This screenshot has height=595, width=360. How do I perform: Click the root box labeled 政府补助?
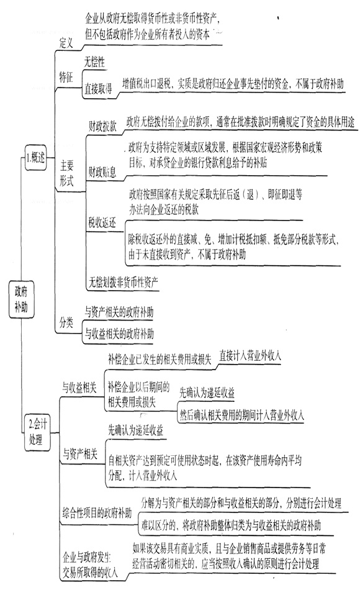tap(21, 299)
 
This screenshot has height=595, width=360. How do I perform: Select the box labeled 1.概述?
tap(35, 157)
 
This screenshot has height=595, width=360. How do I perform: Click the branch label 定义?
tap(66, 43)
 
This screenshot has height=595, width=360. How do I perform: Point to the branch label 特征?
tap(66, 78)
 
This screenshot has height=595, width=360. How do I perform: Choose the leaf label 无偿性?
tap(94, 62)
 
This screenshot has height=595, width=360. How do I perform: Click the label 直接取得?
tap(98, 89)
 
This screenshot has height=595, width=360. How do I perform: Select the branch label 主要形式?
tap(66, 173)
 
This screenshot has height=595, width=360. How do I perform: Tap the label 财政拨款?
tap(103, 126)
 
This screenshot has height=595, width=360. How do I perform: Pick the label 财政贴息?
tap(102, 173)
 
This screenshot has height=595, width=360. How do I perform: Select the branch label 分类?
tap(66, 323)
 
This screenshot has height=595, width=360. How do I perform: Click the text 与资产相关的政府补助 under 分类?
tap(119, 312)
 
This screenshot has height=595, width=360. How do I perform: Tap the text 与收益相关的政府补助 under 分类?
tap(119, 334)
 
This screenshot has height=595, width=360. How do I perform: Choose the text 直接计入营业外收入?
tap(250, 355)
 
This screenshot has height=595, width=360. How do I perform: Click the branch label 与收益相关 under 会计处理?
tap(79, 388)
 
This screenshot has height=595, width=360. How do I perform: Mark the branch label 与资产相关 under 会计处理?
tap(80, 454)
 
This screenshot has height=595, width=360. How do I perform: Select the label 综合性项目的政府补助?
tap(97, 514)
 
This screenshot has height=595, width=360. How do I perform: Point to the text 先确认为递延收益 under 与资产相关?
tap(136, 430)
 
